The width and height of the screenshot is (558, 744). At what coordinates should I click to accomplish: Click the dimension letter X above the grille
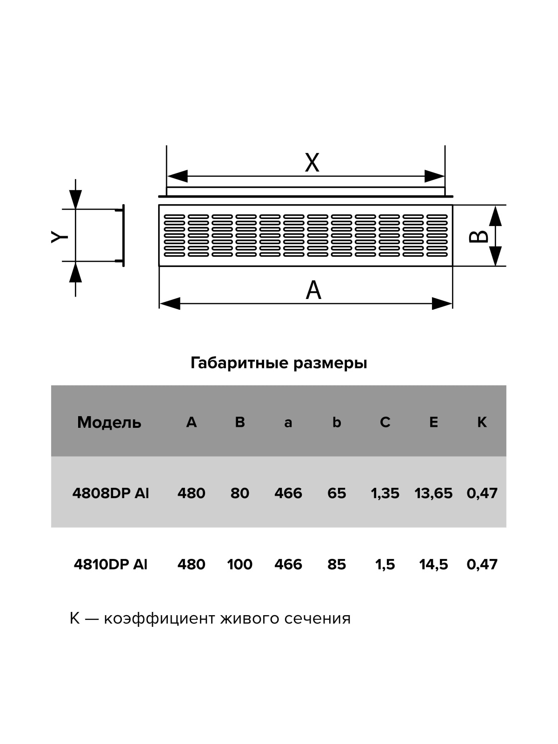click(x=312, y=162)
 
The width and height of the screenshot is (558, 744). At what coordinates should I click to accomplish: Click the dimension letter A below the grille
click(x=313, y=290)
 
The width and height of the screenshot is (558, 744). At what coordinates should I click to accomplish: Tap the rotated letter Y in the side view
click(x=60, y=237)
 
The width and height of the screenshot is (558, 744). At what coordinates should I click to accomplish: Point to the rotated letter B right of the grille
click(x=478, y=237)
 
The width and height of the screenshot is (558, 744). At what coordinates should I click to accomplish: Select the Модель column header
click(x=109, y=423)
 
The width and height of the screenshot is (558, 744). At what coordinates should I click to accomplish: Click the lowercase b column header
click(x=336, y=422)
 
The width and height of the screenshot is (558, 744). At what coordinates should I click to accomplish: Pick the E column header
click(x=434, y=422)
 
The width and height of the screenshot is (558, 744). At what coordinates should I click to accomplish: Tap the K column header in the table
click(x=482, y=422)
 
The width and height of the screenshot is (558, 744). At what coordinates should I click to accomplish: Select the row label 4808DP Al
click(x=111, y=493)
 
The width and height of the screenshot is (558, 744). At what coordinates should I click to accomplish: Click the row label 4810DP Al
click(x=111, y=565)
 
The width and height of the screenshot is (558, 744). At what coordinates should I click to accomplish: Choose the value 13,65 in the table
click(x=433, y=493)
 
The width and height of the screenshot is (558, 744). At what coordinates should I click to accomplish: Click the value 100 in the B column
click(x=240, y=565)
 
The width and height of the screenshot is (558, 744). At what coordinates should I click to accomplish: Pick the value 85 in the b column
click(x=337, y=565)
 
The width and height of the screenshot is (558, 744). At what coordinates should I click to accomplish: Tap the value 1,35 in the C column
click(x=385, y=493)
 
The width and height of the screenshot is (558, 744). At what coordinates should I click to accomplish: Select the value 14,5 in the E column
click(x=434, y=565)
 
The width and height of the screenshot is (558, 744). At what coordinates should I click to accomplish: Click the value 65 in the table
click(x=337, y=493)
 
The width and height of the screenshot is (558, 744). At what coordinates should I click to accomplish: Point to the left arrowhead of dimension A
click(x=170, y=303)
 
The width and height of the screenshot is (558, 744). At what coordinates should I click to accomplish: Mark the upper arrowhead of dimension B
click(x=495, y=216)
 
